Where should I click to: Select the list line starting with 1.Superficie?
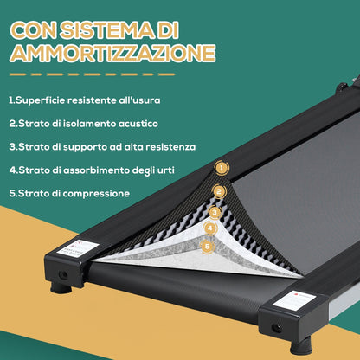84,100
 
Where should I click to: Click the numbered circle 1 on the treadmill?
222,169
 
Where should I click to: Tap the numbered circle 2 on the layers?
219,191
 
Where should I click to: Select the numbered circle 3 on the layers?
215,211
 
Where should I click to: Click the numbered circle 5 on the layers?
207,246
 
